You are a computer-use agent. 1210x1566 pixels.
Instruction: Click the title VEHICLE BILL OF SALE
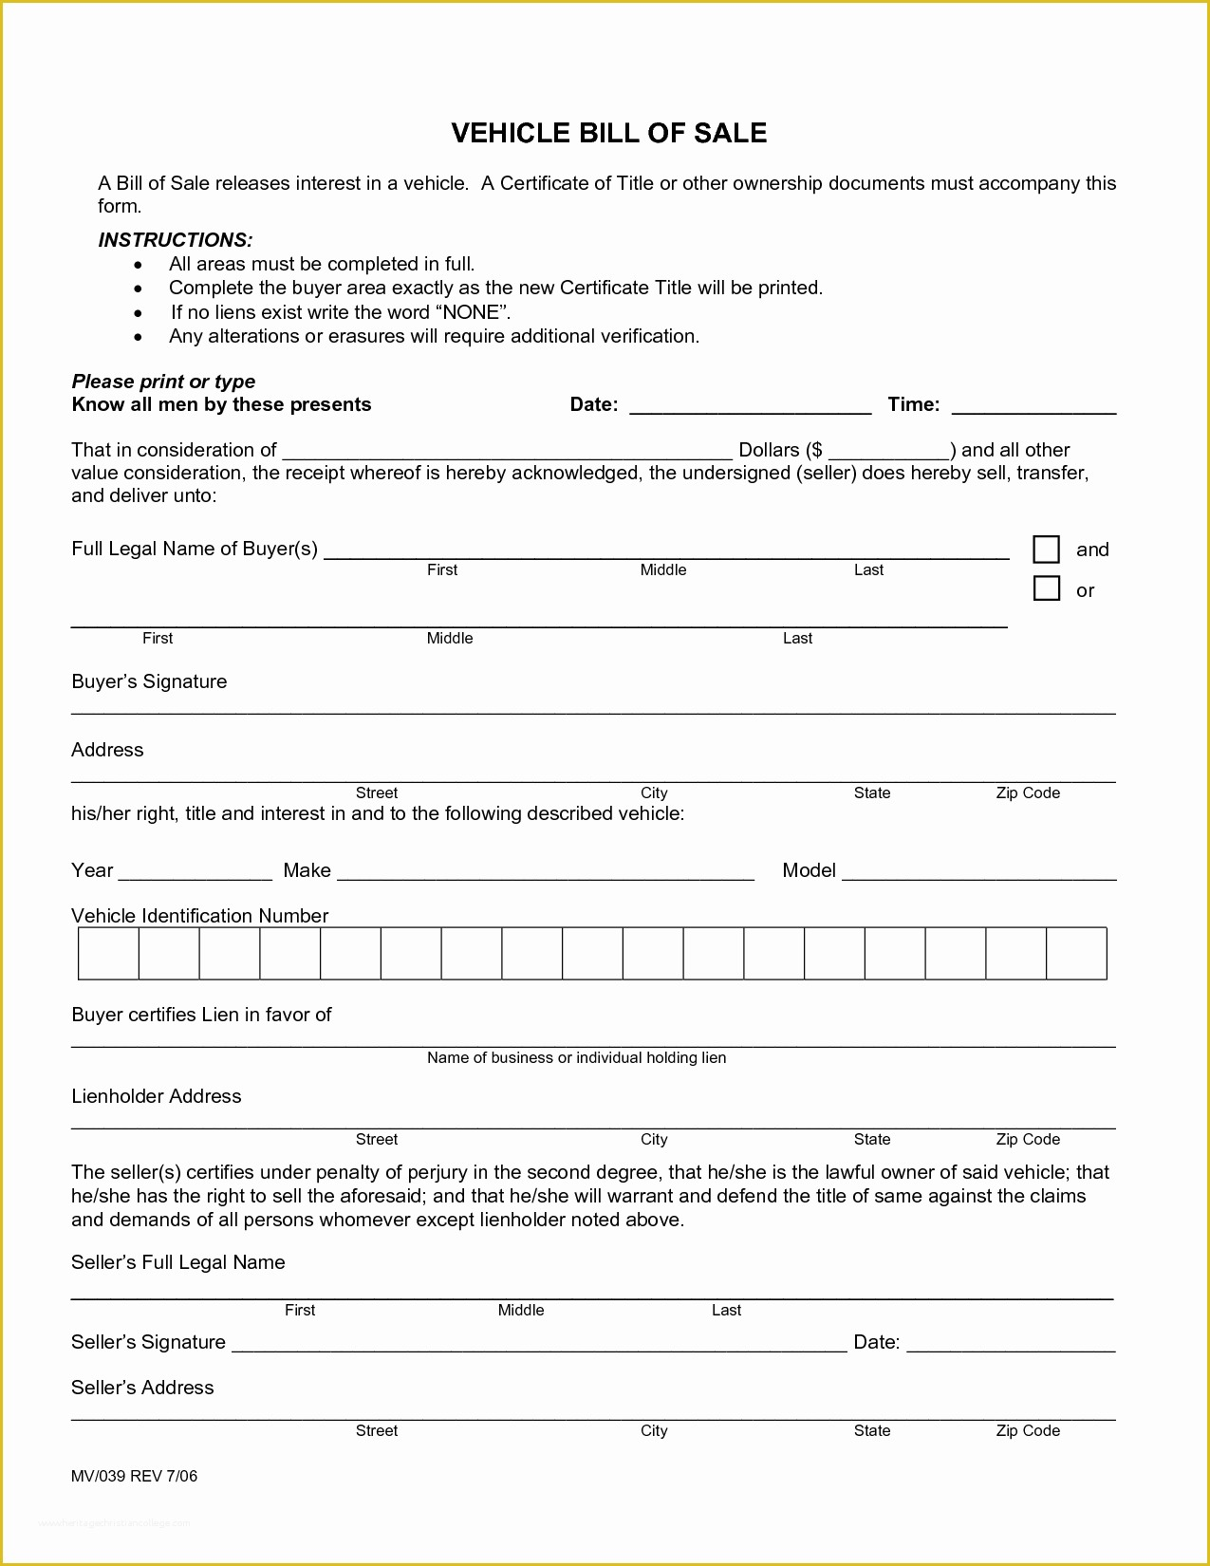click(x=608, y=133)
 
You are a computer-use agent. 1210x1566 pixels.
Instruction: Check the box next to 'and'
click(x=1046, y=550)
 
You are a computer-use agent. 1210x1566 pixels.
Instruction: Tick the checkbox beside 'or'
click(x=1046, y=588)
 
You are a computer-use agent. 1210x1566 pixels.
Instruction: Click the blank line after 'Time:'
click(x=1033, y=406)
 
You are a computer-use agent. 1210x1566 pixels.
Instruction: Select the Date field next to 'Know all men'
click(x=750, y=406)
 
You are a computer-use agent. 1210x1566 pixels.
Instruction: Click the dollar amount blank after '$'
click(x=888, y=452)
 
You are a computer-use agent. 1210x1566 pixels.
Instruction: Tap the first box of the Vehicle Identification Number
click(x=108, y=954)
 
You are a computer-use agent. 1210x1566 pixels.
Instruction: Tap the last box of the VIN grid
click(x=1076, y=954)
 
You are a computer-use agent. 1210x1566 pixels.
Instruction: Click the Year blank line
click(x=195, y=872)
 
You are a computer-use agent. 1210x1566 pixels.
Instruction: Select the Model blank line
click(x=978, y=872)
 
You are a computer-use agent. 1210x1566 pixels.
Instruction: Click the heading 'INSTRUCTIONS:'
click(x=176, y=240)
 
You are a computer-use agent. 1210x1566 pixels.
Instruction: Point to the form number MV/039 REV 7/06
click(x=134, y=1476)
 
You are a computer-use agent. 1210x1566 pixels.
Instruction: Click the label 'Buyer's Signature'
click(x=149, y=681)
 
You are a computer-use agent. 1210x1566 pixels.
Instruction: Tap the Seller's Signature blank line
click(x=538, y=1343)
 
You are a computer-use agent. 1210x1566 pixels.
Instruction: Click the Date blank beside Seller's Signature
click(x=1011, y=1343)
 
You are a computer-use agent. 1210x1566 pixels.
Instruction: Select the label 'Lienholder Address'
click(x=157, y=1096)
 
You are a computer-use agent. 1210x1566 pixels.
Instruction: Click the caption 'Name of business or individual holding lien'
click(x=576, y=1057)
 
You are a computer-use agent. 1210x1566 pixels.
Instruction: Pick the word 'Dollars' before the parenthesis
click(x=769, y=450)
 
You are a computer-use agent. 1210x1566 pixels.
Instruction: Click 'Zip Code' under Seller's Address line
click(x=1028, y=1430)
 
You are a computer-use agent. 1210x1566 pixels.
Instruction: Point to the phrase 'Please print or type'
click(x=163, y=382)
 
